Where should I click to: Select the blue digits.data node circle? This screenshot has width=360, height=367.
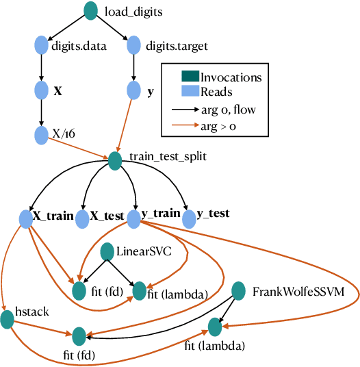41,46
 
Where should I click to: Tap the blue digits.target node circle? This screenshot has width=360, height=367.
135,46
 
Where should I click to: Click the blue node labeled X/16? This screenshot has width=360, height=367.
41,134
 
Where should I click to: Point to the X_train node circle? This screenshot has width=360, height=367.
26,218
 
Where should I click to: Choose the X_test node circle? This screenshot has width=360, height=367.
82,218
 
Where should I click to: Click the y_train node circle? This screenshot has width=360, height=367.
133,218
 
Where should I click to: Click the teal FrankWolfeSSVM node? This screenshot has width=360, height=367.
239,290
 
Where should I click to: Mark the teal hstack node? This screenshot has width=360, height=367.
8,320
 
